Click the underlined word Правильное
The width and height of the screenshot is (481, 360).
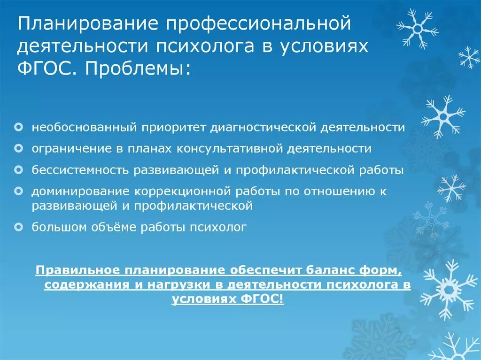[x=74, y=271]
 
